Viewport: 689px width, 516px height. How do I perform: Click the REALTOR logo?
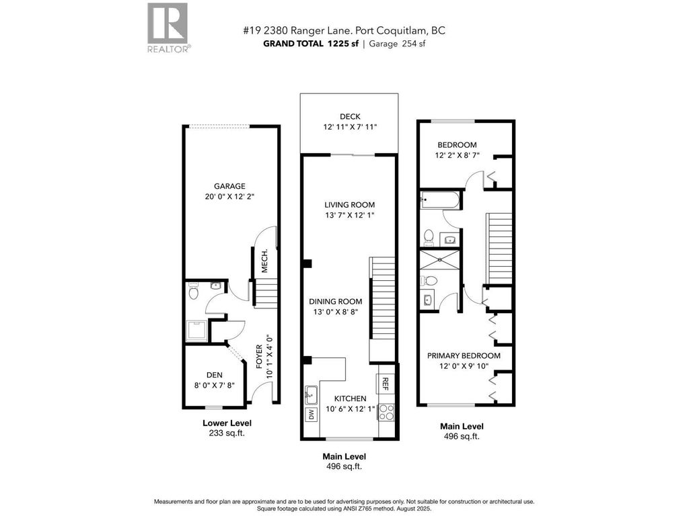169,27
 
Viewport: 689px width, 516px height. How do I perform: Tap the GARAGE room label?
229,186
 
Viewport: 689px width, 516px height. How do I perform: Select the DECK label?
349,116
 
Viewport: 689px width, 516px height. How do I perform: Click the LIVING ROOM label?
349,205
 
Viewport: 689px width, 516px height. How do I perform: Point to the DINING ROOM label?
336,302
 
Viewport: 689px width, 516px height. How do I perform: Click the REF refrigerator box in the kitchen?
386,383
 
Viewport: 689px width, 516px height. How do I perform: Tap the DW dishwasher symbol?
311,414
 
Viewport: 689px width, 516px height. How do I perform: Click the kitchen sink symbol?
312,392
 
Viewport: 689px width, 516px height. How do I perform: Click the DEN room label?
215,375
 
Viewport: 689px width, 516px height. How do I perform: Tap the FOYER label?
259,358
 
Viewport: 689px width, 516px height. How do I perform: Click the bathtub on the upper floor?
440,199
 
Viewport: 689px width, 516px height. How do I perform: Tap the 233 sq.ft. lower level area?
227,433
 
